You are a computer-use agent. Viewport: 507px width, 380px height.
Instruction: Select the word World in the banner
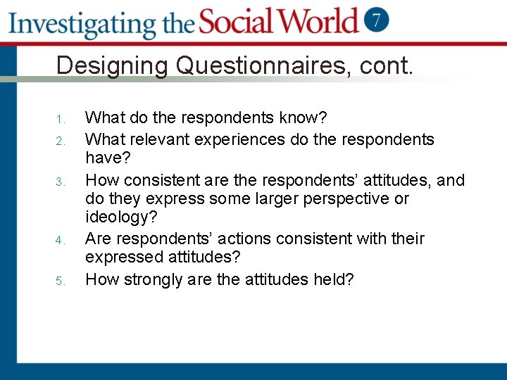320,21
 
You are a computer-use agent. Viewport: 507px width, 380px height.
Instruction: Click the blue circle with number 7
377,20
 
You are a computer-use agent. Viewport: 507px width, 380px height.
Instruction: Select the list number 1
61,118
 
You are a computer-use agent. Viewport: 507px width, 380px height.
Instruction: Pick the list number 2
61,140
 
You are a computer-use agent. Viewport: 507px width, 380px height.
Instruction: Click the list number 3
61,182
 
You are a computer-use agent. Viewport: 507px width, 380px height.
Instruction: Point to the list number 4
61,240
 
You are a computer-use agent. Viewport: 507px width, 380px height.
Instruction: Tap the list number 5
61,281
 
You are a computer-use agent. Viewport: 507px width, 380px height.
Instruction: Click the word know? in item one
301,117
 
